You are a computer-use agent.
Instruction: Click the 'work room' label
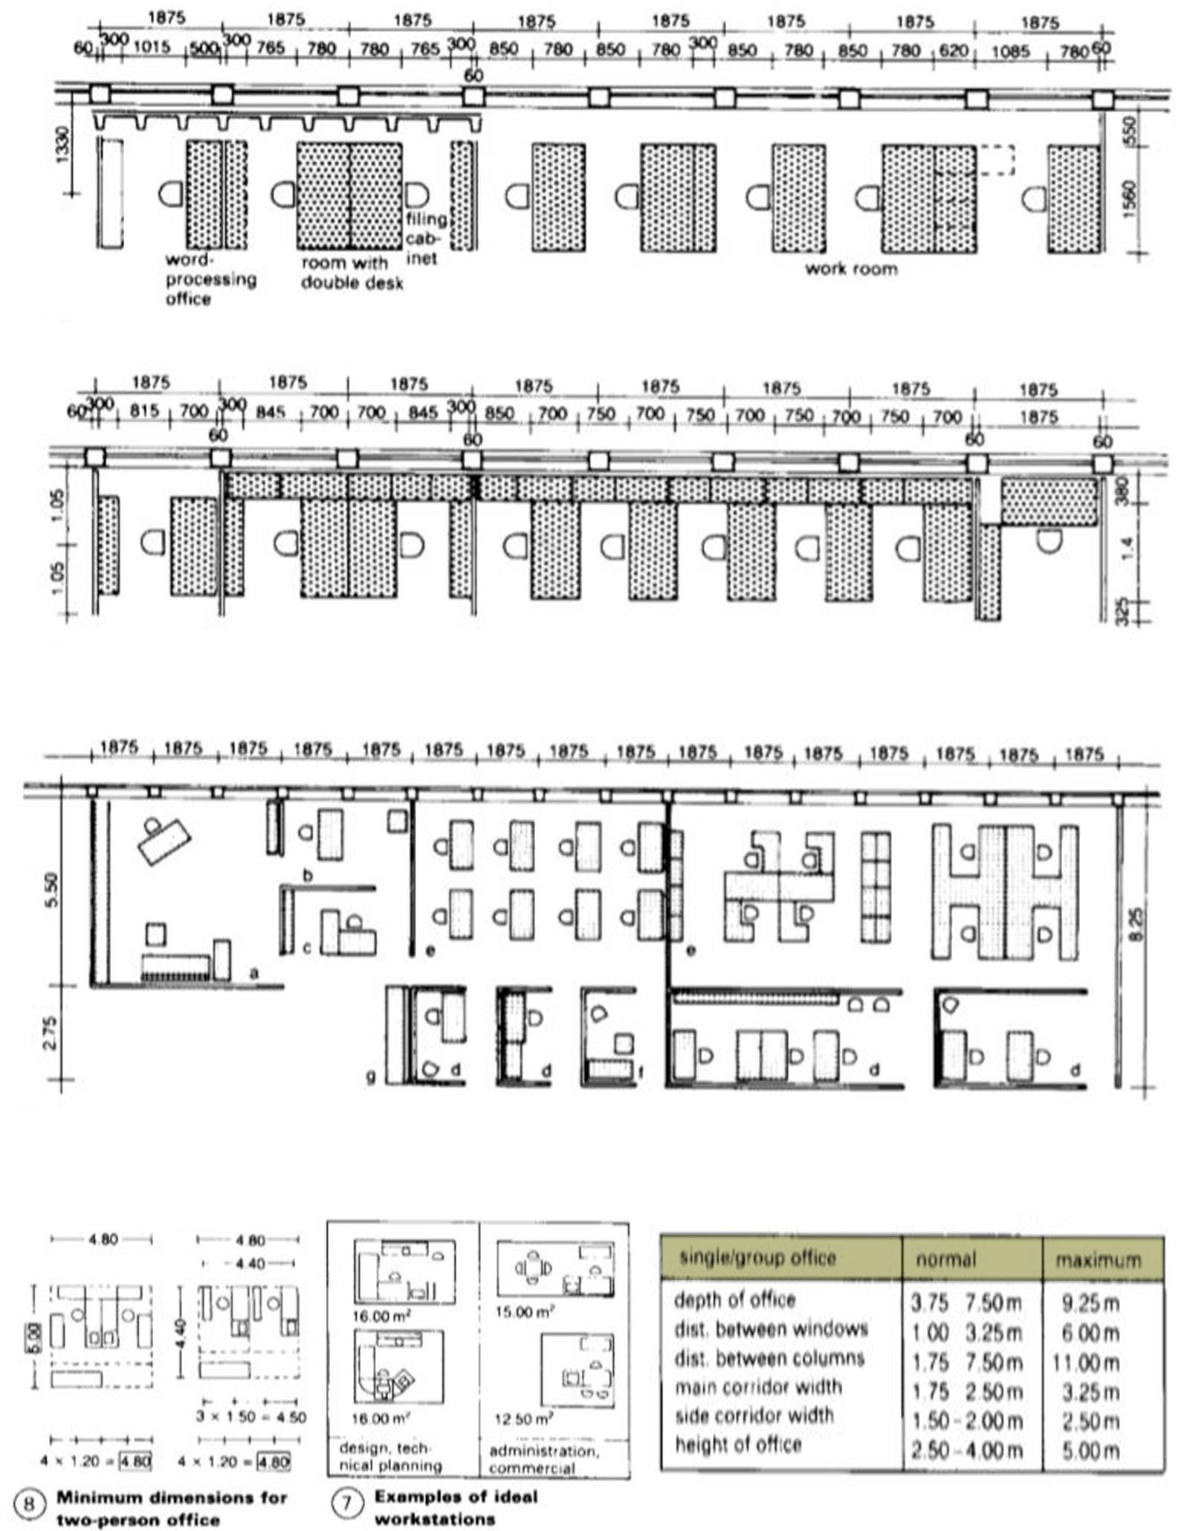(x=851, y=268)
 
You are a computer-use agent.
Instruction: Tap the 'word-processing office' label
(x=210, y=279)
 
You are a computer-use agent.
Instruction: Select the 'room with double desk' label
(x=352, y=273)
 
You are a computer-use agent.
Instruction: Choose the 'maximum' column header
(x=1097, y=1260)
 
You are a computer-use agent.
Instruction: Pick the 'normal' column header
(x=945, y=1260)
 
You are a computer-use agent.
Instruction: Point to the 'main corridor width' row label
(x=758, y=1387)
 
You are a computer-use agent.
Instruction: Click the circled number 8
(x=29, y=1504)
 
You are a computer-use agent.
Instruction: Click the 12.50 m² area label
(x=523, y=1419)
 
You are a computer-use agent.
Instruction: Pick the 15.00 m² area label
(x=525, y=1312)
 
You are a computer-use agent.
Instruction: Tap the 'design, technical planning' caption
(x=390, y=1457)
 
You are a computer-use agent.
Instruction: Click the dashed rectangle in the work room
(x=996, y=160)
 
